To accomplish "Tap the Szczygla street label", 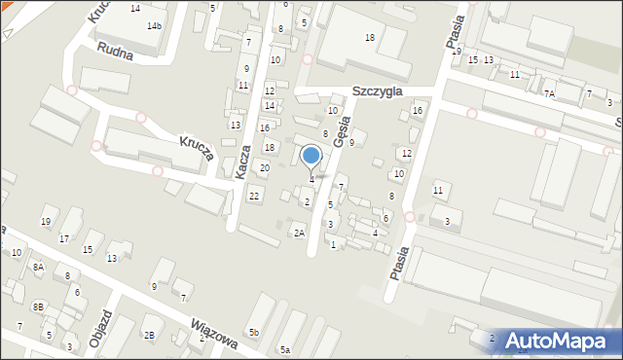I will point(379,90).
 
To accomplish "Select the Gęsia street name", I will point(342,128).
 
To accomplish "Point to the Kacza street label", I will point(244,162).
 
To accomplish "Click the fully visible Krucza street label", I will point(196,151).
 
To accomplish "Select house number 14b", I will point(155,25).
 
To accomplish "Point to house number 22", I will point(254,197).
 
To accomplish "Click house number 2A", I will point(300,233).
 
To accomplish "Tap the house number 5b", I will point(253,333).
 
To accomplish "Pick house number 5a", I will point(285,349).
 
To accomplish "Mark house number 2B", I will point(149,335).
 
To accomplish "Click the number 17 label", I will point(64,239).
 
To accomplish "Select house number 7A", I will point(550,94).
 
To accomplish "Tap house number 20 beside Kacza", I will point(264,168).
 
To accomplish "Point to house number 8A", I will point(38,267).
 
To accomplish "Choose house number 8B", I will point(38,306).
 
